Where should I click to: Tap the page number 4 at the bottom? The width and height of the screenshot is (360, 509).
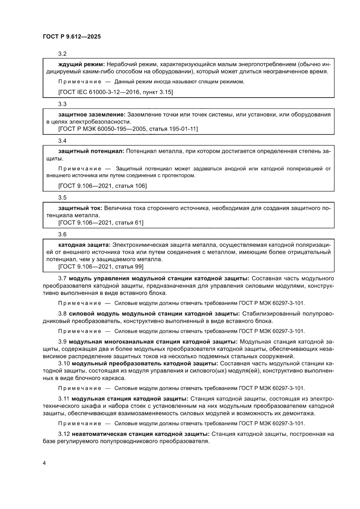point(44,462)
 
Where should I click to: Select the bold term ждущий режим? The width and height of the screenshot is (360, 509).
point(81,64)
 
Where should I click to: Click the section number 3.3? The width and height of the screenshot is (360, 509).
point(62,104)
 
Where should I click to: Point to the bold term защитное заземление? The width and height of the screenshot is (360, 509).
point(91,114)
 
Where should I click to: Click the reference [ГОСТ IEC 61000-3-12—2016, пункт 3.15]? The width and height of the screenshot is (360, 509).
point(115,92)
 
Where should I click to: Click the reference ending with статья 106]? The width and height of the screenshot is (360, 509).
point(102,186)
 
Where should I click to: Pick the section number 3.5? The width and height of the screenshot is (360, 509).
point(62,198)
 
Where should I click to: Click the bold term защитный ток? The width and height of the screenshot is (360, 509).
point(80,208)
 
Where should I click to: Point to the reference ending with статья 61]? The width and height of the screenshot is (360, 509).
point(101,222)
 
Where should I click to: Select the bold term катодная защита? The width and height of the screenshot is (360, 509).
point(84,245)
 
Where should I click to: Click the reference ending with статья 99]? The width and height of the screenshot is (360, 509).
point(101,266)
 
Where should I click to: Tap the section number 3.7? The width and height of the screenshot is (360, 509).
point(62,278)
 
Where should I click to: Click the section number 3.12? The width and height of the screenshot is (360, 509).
point(64,434)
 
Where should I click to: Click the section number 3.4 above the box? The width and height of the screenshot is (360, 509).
point(62,141)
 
